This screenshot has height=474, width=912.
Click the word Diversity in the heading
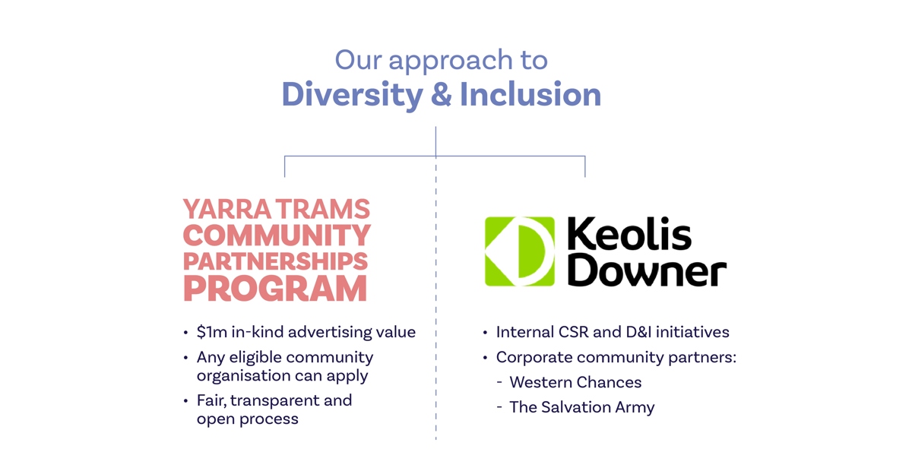click(x=353, y=95)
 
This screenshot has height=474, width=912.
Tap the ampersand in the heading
click(x=442, y=94)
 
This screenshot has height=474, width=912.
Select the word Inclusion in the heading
click(x=530, y=94)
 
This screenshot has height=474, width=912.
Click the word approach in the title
click(x=451, y=62)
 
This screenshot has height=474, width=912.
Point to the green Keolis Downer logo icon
click(x=520, y=251)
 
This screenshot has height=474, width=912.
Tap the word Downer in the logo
click(x=647, y=270)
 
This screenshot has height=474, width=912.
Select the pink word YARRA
click(x=227, y=209)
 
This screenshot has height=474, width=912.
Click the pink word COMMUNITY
click(x=277, y=235)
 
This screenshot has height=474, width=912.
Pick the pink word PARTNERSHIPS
click(x=276, y=261)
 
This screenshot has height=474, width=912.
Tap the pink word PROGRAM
click(x=275, y=289)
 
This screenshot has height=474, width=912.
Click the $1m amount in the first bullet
click(x=212, y=332)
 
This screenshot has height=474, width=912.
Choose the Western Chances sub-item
click(x=575, y=382)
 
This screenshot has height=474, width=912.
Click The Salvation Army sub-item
click(x=582, y=407)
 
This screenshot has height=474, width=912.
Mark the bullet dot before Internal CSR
click(x=485, y=333)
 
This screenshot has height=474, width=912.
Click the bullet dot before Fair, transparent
click(x=185, y=401)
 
